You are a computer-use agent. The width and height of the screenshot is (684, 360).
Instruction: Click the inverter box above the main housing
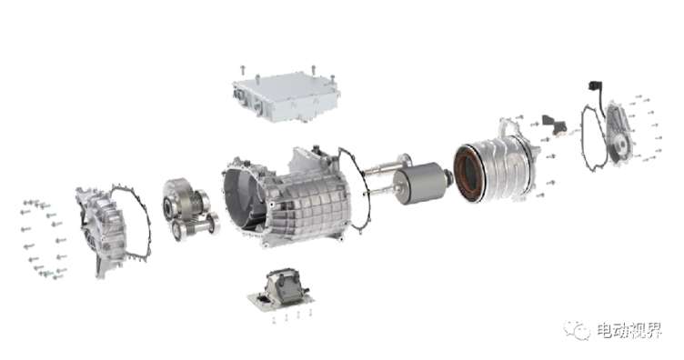tap(287, 98)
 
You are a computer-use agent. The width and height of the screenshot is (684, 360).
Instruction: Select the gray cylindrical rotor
tap(417, 183)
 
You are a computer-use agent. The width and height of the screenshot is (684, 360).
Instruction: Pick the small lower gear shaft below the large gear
tap(196, 225)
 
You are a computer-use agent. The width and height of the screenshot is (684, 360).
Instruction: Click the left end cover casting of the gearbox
tap(101, 230)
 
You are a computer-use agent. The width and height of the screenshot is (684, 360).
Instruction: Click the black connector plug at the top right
tap(595, 87)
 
